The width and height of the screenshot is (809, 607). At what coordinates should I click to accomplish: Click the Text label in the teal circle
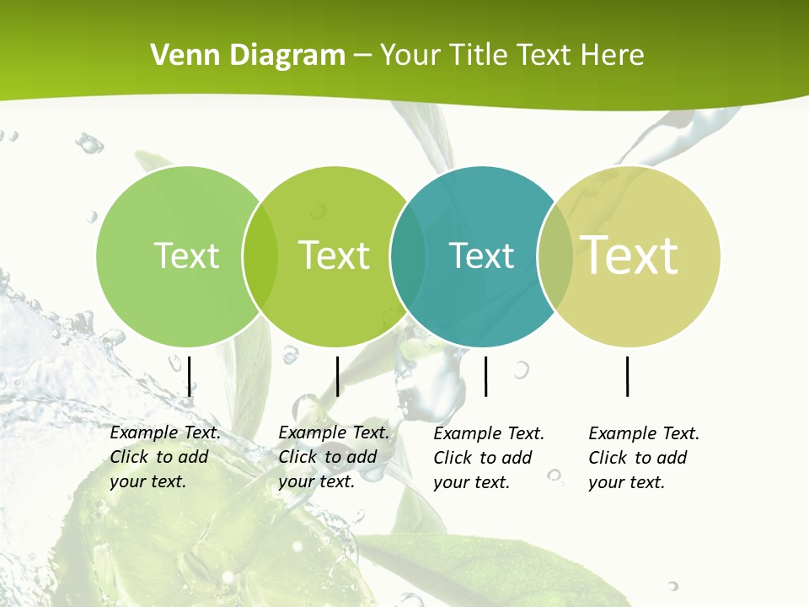tap(481, 255)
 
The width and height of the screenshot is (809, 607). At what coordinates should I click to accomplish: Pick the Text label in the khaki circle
tap(630, 255)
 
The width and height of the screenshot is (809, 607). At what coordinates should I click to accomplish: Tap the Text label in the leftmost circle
tap(186, 255)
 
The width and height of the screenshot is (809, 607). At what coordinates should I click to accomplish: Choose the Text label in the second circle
tap(334, 255)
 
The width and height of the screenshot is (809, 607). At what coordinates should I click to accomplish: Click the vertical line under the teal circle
tap(486, 376)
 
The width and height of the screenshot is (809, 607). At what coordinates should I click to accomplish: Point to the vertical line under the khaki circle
tap(628, 376)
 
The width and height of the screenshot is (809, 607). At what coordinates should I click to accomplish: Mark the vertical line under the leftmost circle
tap(190, 376)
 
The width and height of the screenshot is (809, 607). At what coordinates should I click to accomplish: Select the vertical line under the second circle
tap(337, 376)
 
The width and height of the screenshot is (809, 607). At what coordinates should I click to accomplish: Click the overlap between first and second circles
tap(260, 256)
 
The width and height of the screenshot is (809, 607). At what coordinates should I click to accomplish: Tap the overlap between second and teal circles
tap(408, 256)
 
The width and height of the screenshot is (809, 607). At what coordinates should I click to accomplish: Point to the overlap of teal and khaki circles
tap(555, 256)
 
